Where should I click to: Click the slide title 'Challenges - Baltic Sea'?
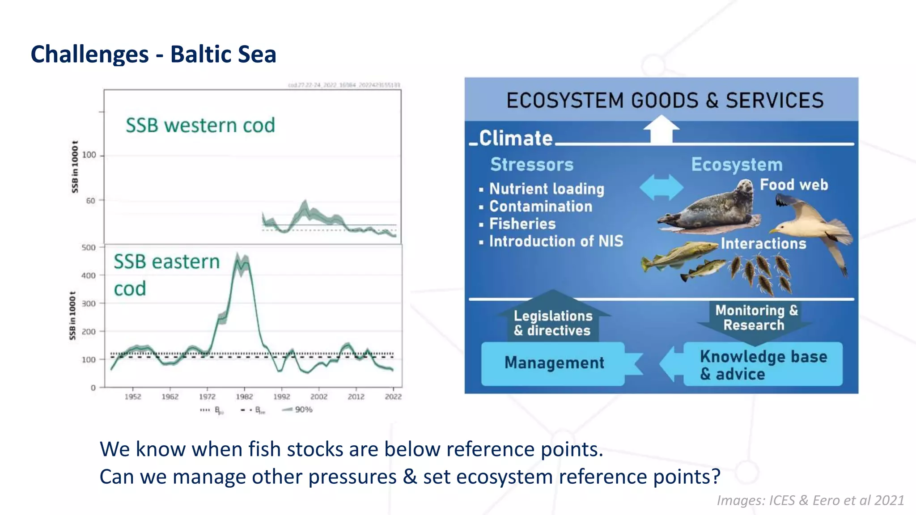(153, 54)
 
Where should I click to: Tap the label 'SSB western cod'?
(200, 125)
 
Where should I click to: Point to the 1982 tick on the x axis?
(244, 396)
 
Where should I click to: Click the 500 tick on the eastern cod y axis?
(89, 247)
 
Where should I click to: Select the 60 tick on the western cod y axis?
(91, 201)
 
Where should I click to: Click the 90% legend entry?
(297, 409)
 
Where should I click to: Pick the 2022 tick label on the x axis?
(393, 396)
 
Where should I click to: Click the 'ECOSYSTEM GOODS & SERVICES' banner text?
(665, 100)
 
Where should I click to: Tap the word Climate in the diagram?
(516, 138)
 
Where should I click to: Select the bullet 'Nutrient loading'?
(547, 189)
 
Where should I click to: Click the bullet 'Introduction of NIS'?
(556, 241)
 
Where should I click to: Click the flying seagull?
(814, 228)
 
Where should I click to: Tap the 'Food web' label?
(794, 184)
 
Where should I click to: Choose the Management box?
(554, 363)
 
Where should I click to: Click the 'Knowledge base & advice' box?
(763, 364)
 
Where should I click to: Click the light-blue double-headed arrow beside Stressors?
(661, 187)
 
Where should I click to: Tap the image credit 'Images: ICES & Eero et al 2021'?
(810, 500)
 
